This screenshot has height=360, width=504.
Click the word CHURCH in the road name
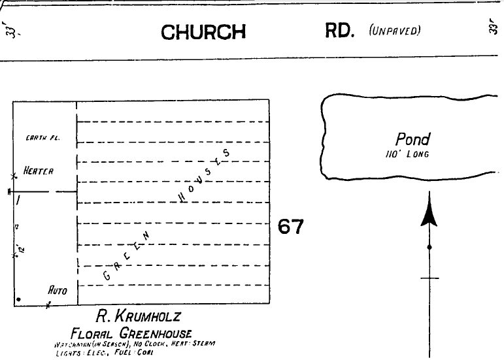pyautogui.click(x=203, y=32)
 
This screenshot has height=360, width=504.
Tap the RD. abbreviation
pyautogui.click(x=339, y=31)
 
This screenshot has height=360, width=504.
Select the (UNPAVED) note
pyautogui.click(x=395, y=31)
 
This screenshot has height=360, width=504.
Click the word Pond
pyautogui.click(x=413, y=139)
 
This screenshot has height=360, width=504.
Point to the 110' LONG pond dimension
pyautogui.click(x=413, y=154)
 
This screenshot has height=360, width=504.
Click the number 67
pyautogui.click(x=291, y=227)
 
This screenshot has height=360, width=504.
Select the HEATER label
pyautogui.click(x=39, y=171)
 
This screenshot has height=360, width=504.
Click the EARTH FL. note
pyautogui.click(x=39, y=138)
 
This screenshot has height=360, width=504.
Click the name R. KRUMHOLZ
pyautogui.click(x=137, y=318)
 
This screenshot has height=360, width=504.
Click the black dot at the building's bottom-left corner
pyautogui.click(x=19, y=299)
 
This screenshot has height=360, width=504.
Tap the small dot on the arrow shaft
pyautogui.click(x=429, y=248)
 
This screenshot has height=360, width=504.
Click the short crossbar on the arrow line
pyautogui.click(x=429, y=278)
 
